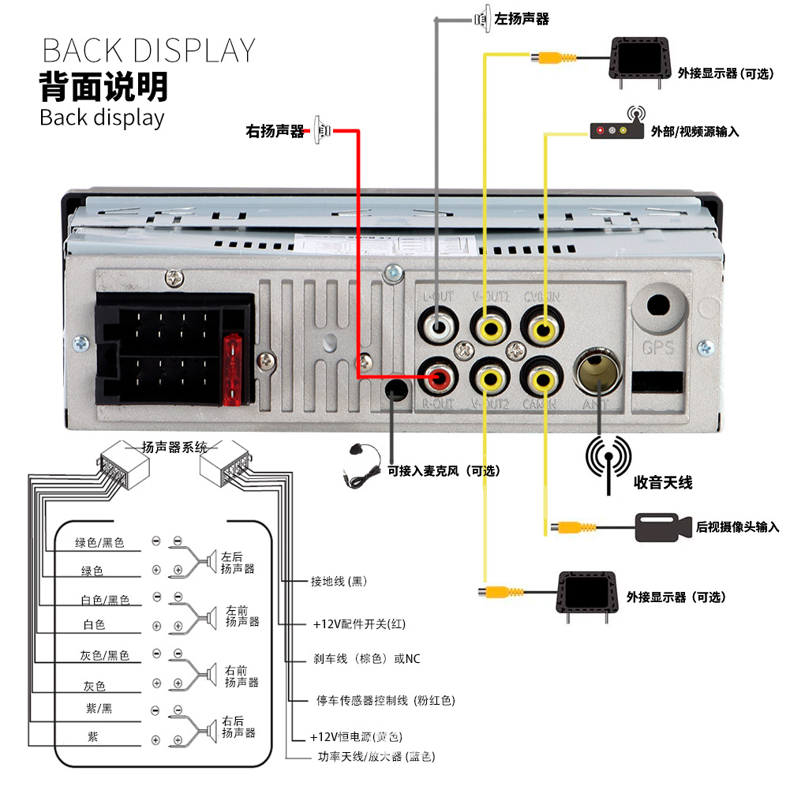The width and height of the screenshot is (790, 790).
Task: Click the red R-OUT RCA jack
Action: click(x=439, y=377)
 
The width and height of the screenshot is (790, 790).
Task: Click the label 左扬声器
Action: click(x=522, y=19)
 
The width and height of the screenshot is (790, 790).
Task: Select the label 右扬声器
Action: click(x=275, y=132)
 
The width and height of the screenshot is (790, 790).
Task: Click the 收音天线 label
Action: click(x=663, y=482)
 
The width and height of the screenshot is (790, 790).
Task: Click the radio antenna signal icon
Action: click(x=608, y=459)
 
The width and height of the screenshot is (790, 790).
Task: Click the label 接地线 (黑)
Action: click(x=339, y=582)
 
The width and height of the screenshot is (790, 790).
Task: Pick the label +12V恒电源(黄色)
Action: click(x=357, y=737)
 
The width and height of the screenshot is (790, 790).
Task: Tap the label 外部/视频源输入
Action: click(x=695, y=132)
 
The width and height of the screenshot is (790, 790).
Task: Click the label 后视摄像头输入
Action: click(x=737, y=526)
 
